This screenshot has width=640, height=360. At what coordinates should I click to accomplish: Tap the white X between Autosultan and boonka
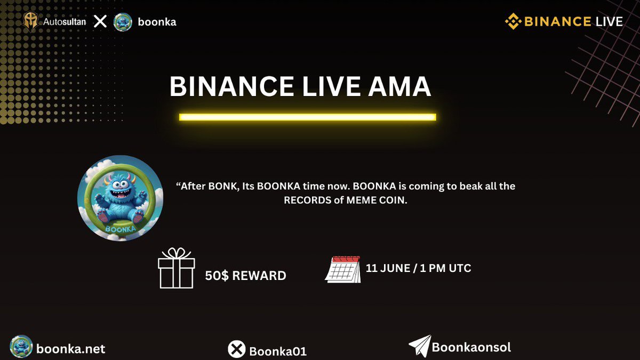pyautogui.click(x=100, y=22)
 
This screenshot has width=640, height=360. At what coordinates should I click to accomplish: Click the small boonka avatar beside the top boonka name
pyautogui.click(x=123, y=22)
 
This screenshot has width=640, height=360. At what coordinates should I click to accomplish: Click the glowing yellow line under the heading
pyautogui.click(x=307, y=117)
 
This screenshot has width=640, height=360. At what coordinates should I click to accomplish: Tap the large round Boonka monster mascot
pyautogui.click(x=121, y=198)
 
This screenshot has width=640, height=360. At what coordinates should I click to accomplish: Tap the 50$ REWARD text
pyautogui.click(x=245, y=276)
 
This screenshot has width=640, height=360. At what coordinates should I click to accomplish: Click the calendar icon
pyautogui.click(x=342, y=269)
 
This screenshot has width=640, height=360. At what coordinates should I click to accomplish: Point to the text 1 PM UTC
pyautogui.click(x=442, y=268)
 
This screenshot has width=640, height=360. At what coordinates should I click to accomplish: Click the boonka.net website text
pyautogui.click(x=71, y=349)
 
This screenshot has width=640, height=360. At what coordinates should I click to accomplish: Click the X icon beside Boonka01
pyautogui.click(x=236, y=350)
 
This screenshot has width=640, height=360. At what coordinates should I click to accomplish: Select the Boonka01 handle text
pyautogui.click(x=277, y=351)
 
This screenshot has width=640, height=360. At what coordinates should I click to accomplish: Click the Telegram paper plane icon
pyautogui.click(x=419, y=347)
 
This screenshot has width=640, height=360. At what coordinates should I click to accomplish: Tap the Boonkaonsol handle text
pyautogui.click(x=471, y=347)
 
